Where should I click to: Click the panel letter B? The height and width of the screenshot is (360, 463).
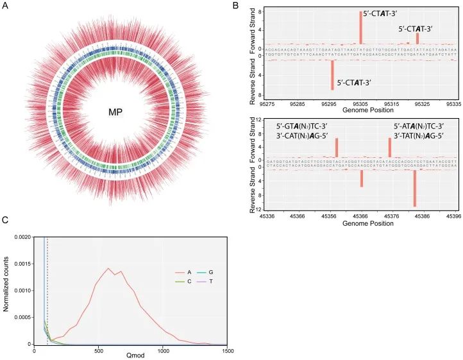pyautogui.click(x=235, y=6)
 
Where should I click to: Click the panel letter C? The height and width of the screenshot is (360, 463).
pyautogui.click(x=6, y=220)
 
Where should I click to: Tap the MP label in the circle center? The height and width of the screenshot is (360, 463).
pyautogui.click(x=115, y=112)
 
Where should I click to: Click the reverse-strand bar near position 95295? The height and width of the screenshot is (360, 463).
pyautogui.click(x=332, y=75)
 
